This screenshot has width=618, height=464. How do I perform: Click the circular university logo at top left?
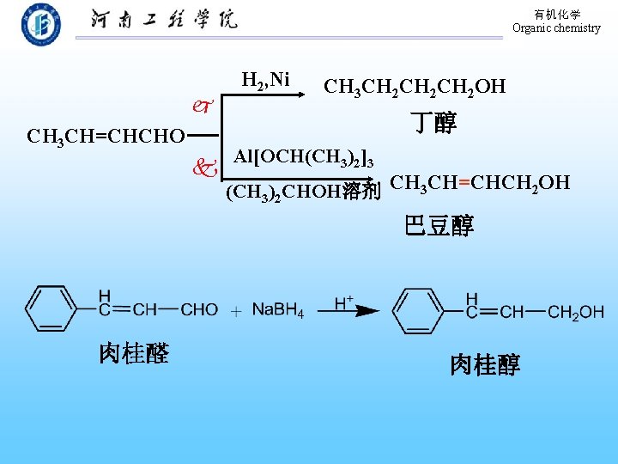(x=40, y=24)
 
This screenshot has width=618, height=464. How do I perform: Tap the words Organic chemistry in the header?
(x=556, y=28)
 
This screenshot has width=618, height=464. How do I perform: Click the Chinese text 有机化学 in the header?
(x=557, y=15)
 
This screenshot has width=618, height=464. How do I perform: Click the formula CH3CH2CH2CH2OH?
(x=414, y=87)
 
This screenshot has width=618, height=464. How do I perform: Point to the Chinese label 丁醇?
(x=433, y=124)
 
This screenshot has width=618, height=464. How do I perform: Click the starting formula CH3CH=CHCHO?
(x=106, y=137)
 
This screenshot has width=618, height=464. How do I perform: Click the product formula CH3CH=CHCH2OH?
(x=479, y=183)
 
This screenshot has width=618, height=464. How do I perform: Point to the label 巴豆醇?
(x=439, y=226)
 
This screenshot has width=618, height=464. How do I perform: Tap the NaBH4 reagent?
(x=277, y=310)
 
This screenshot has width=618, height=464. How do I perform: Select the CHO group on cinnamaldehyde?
(x=199, y=309)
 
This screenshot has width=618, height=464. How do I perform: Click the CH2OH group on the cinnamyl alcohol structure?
(x=575, y=312)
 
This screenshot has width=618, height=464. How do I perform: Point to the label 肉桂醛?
(x=133, y=353)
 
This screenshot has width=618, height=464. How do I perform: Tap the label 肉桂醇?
(x=485, y=365)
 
